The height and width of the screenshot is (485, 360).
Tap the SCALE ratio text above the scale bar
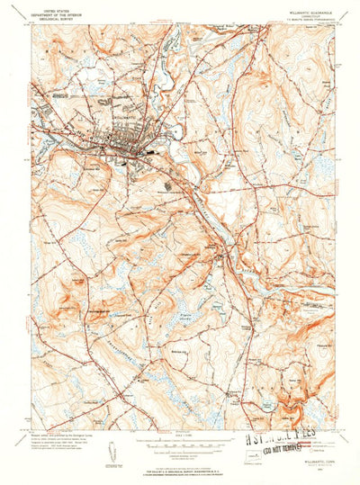(180, 437)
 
